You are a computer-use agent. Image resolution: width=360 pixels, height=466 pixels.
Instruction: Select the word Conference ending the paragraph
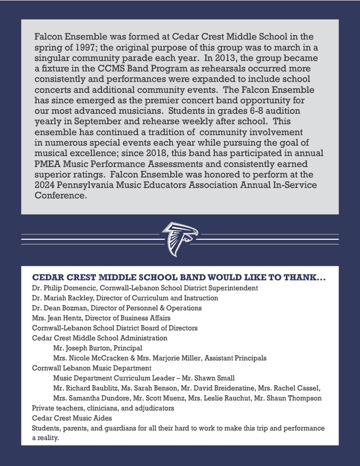tap(60, 196)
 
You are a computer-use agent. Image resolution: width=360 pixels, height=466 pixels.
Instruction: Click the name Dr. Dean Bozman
tap(61, 308)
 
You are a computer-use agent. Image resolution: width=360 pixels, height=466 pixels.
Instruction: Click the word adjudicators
tap(154, 408)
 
